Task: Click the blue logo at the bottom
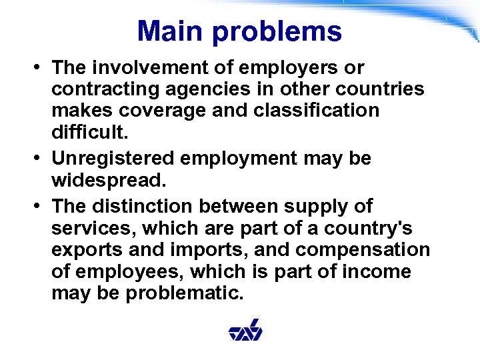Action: pos(245,331)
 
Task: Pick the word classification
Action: pos(313,110)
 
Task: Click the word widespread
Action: pos(107,181)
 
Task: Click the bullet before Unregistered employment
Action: pos(41,159)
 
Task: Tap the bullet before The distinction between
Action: pos(41,206)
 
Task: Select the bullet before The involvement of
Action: pos(41,67)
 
